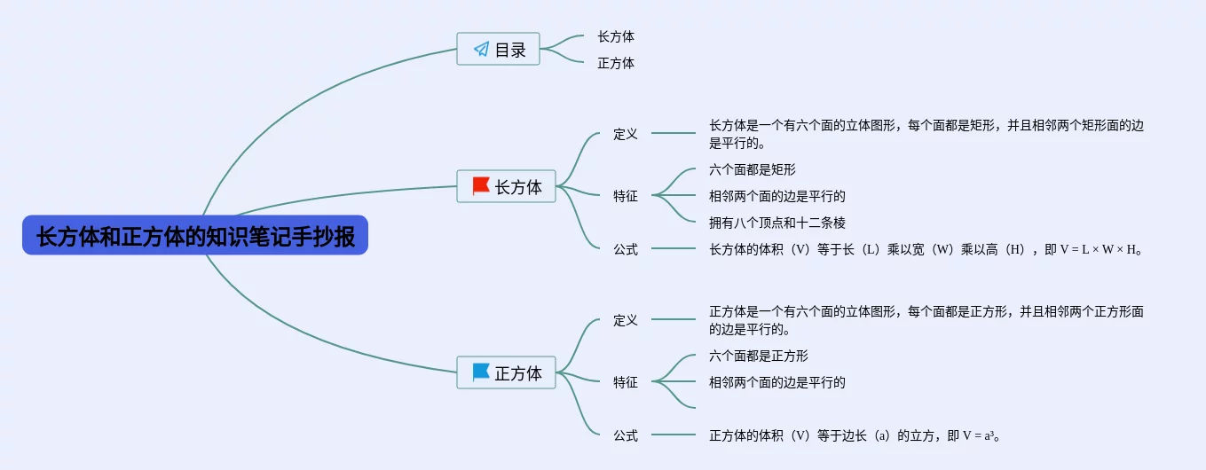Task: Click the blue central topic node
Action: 195,236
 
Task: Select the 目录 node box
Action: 499,50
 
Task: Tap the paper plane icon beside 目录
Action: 481,50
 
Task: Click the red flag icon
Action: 481,185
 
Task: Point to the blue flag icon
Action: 481,372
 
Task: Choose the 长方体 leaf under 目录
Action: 616,37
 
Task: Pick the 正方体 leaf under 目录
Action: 616,64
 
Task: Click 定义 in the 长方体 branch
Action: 626,134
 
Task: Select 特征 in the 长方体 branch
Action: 626,196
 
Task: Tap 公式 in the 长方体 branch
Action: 626,249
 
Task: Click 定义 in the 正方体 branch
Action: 626,320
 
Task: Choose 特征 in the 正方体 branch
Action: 626,382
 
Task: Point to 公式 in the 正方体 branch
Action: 626,435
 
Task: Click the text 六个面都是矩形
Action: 753,169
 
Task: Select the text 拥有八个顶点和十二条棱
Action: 777,223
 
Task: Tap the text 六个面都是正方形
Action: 759,356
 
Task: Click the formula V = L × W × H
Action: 1092,249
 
